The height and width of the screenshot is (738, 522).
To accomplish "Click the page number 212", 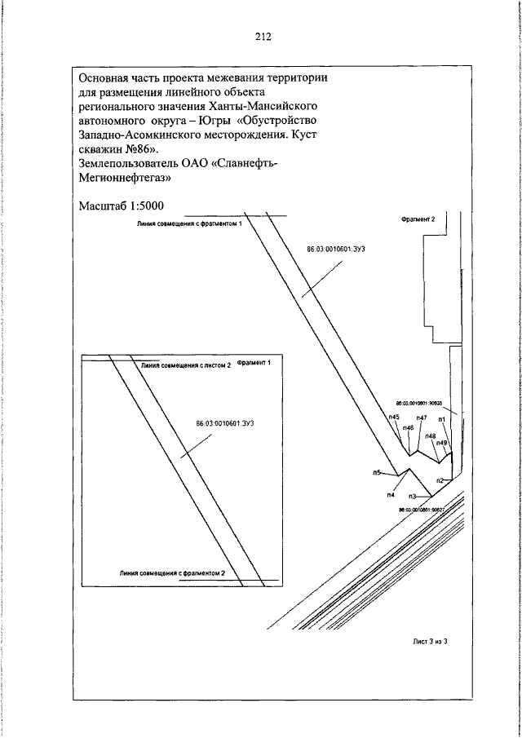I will click(262, 36).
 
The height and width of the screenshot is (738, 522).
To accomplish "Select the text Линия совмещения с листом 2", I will click(186, 366).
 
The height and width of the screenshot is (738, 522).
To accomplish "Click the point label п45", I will click(394, 418).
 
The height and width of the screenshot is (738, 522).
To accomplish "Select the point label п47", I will click(422, 418).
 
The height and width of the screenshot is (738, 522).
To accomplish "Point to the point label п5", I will click(377, 472).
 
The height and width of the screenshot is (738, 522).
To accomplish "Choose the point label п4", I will click(391, 494).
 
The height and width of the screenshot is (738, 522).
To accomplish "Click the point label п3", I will click(413, 496).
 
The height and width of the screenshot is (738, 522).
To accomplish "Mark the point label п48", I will click(430, 435).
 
